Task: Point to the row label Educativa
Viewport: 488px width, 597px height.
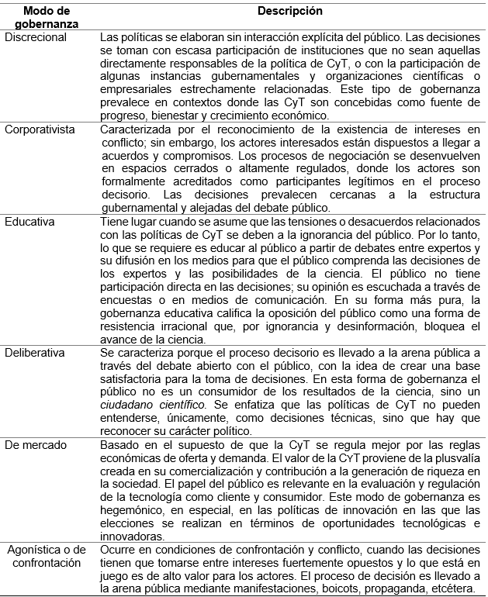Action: tap(29, 221)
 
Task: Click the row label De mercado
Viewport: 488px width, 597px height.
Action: tap(35, 444)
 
